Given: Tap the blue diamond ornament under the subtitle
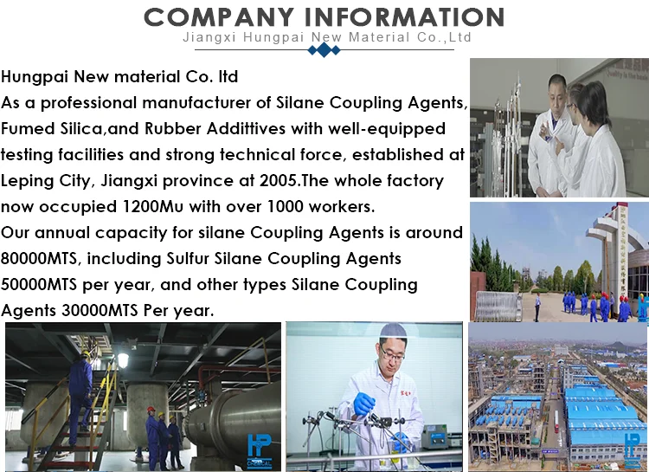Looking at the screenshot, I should point(324,49).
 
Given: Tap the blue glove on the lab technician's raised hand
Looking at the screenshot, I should point(363,404).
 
